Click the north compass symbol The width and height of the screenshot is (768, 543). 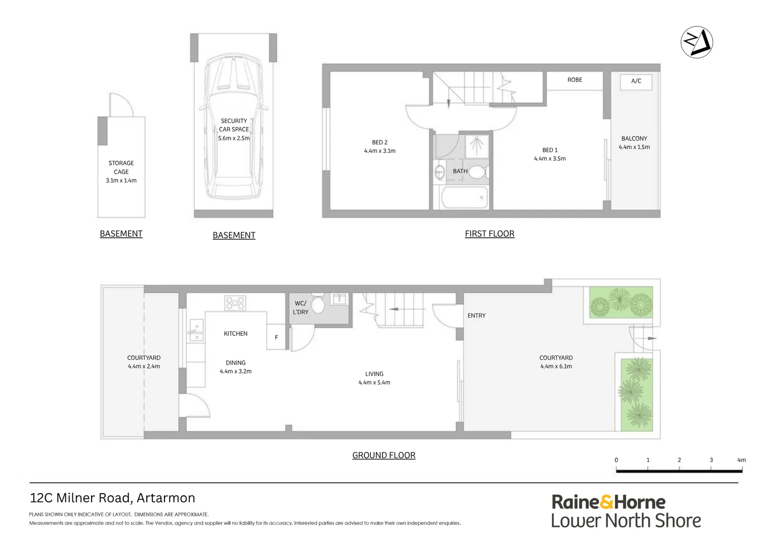click(697, 42)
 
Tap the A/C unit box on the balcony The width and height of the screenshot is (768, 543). click(636, 81)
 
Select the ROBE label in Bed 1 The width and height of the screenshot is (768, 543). click(574, 80)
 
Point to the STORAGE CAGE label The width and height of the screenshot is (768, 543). click(121, 167)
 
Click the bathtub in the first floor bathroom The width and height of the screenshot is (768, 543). click(464, 198)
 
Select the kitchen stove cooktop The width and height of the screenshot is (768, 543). click(235, 303)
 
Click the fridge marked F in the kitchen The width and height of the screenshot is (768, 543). click(276, 337)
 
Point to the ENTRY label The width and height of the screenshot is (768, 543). click(476, 316)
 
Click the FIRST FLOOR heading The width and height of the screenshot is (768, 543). click(489, 234)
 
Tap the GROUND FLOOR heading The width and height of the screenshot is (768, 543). click(383, 456)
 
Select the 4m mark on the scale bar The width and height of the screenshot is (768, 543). click(741, 461)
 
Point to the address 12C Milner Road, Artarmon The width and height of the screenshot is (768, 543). click(113, 498)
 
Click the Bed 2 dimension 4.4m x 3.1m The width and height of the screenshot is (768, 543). click(379, 151)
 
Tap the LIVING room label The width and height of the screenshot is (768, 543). click(374, 374)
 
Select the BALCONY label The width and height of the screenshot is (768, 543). click(634, 139)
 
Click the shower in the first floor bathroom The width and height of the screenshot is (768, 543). click(476, 145)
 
